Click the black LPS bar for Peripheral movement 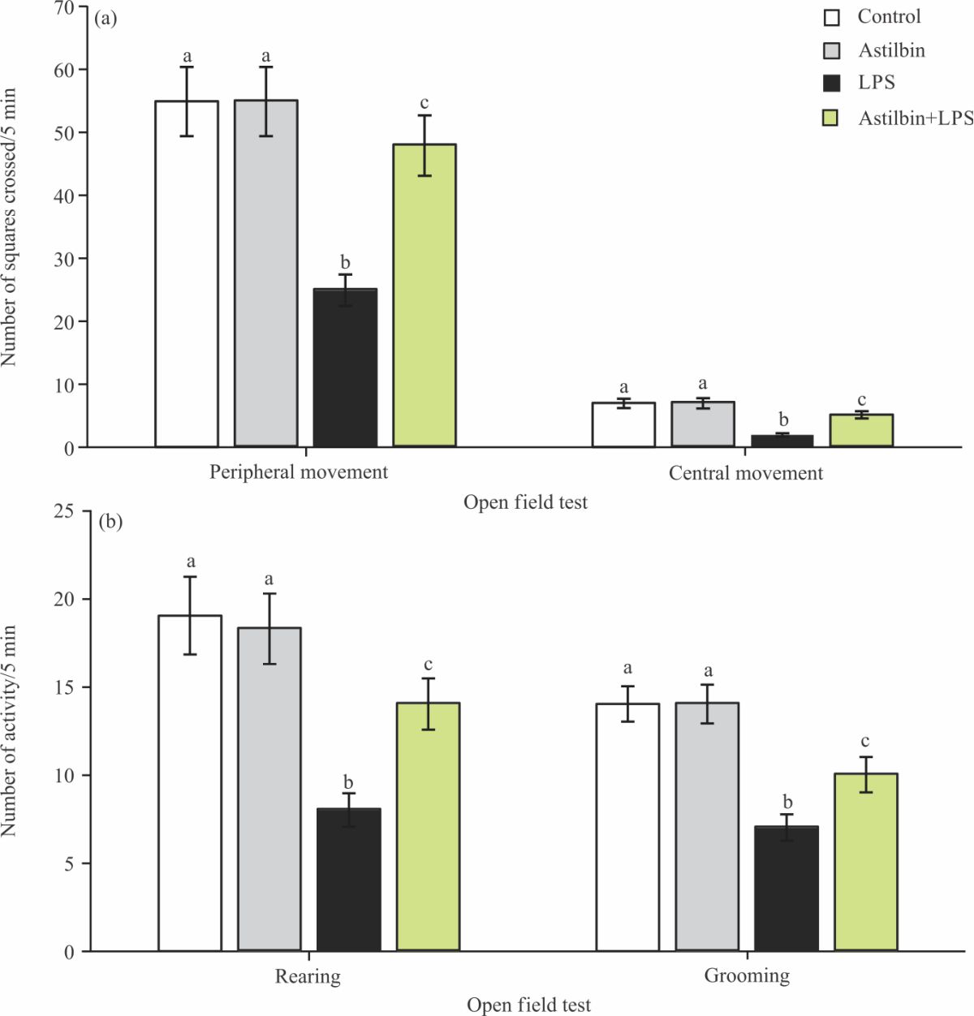345,368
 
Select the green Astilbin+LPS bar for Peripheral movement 425,295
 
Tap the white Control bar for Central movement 623,424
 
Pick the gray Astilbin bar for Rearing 269,789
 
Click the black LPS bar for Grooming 787,889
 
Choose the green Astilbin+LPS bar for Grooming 865,862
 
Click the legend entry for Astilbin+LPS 915,118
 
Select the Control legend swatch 831,18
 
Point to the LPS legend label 876,83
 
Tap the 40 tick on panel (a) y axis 65,196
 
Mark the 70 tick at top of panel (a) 65,8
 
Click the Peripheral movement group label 299,472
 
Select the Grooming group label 747,975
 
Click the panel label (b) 110,522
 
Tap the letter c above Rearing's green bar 428,665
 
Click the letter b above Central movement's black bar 783,420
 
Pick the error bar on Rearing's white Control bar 190,615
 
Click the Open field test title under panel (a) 525,502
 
